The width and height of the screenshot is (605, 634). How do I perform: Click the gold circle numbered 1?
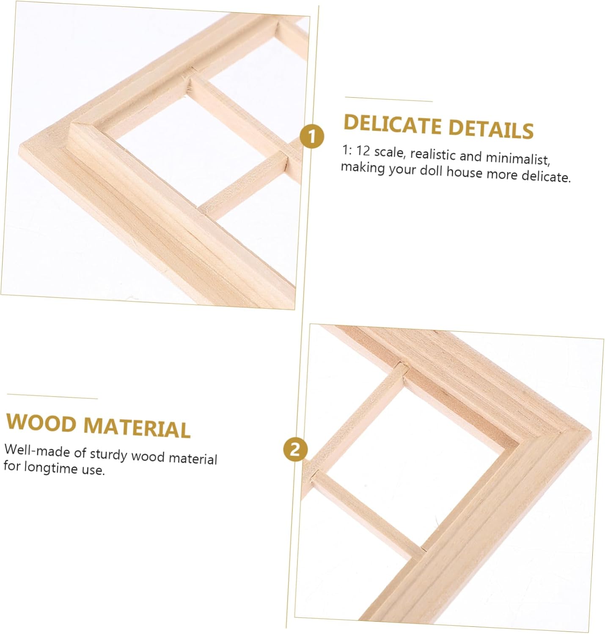[311, 137]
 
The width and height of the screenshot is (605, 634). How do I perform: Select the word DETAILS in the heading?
[491, 129]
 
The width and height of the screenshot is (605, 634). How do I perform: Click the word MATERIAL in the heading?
[137, 427]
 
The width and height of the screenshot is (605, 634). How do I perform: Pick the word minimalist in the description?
[517, 158]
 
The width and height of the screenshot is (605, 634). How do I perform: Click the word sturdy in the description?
[108, 455]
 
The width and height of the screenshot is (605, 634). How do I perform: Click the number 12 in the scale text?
[363, 150]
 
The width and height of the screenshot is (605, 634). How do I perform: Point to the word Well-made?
[36, 450]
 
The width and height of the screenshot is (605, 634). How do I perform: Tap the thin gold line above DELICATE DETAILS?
[389, 99]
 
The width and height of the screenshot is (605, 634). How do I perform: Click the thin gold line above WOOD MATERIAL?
[52, 396]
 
